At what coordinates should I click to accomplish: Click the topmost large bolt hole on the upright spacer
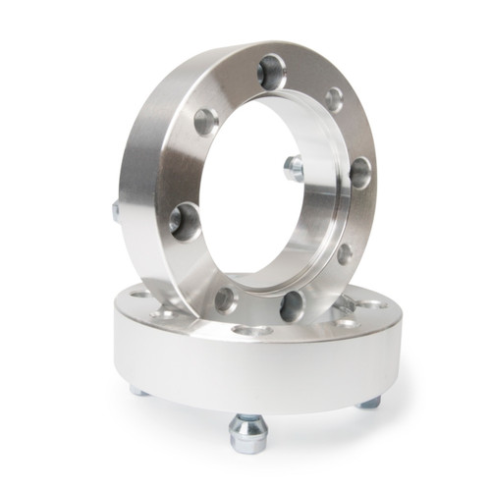272,72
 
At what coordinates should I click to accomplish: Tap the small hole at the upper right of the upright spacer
334,99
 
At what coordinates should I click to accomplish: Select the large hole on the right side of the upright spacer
360,173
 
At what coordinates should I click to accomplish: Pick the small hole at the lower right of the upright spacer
345,252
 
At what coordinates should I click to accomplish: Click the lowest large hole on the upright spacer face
293,306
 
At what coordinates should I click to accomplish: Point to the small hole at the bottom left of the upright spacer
226,300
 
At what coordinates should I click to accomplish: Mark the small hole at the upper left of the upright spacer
206,122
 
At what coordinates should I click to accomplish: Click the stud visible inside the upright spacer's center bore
293,169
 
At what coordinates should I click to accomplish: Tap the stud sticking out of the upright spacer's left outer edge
116,210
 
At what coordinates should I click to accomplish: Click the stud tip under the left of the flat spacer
139,390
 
